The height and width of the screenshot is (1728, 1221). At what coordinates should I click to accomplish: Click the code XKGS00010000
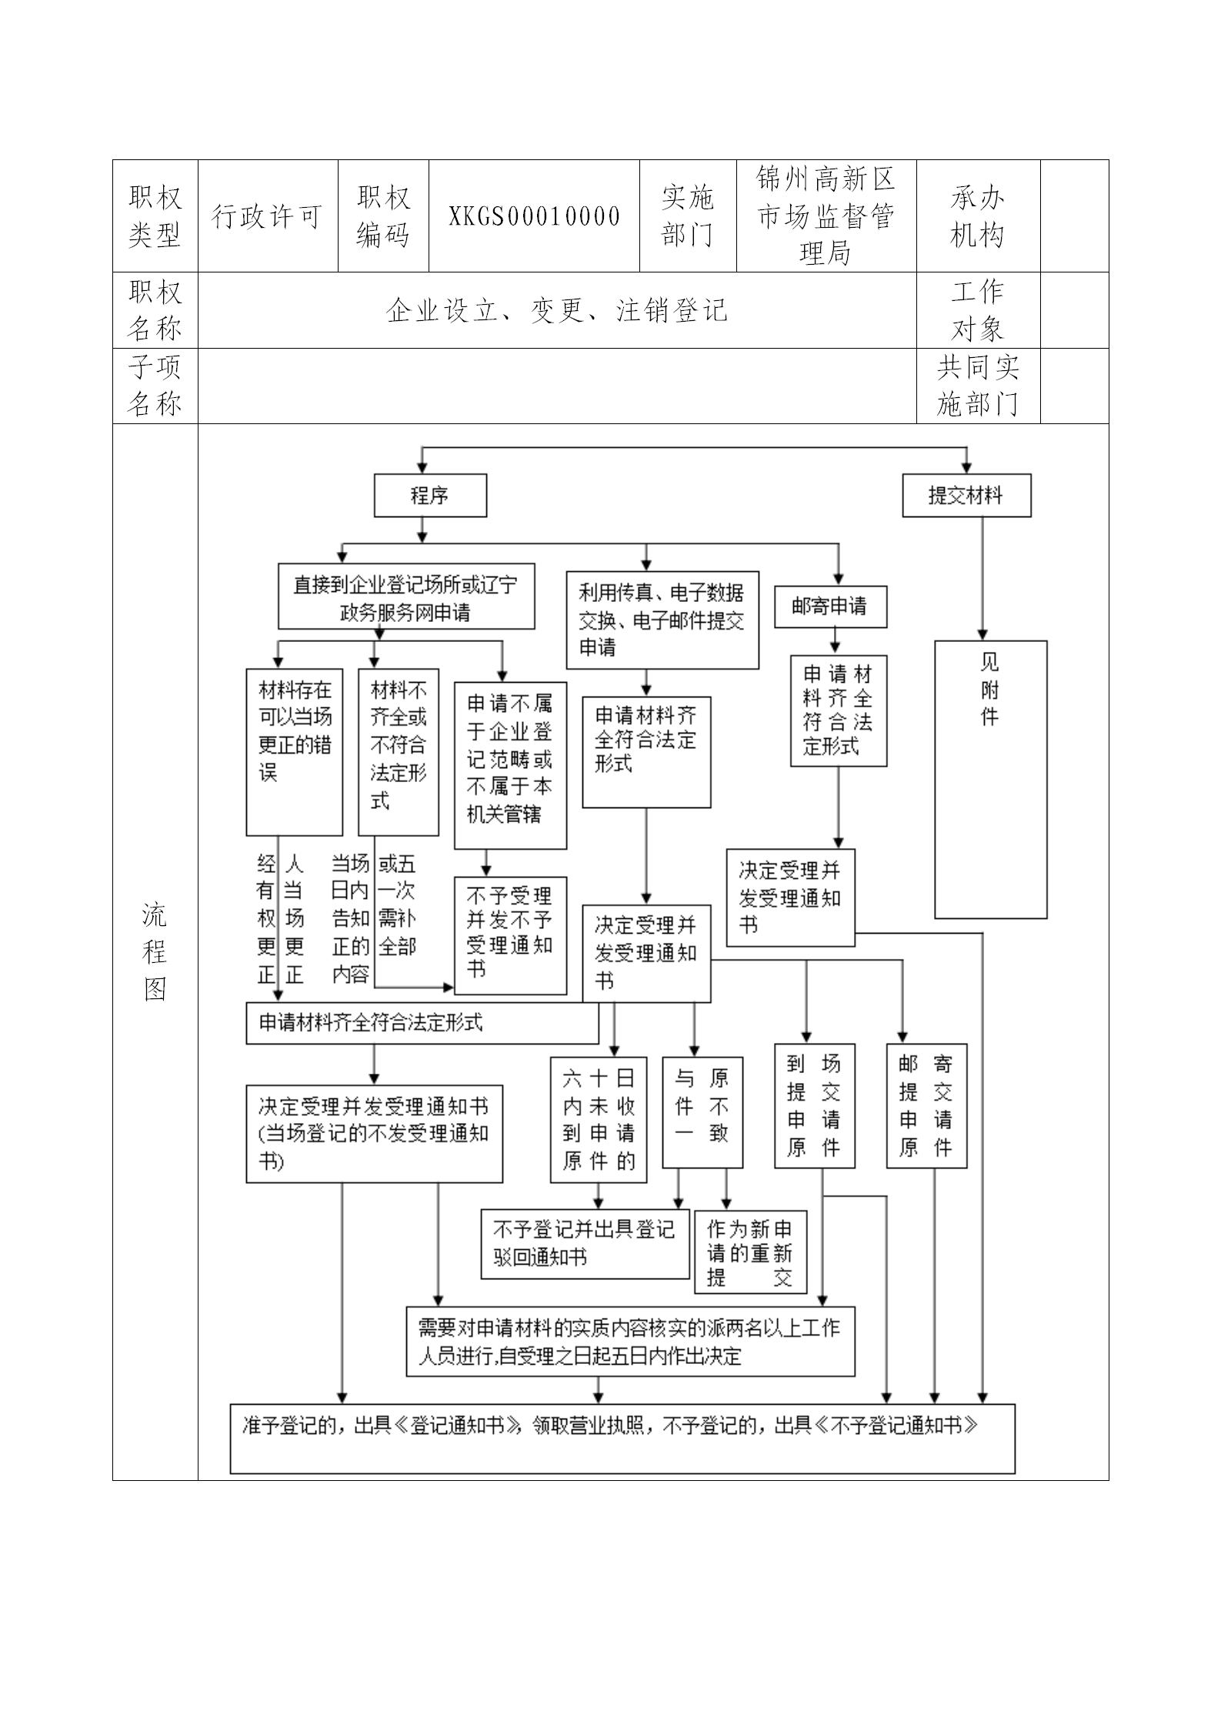tap(534, 216)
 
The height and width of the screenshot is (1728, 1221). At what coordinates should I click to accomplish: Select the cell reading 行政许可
tap(267, 216)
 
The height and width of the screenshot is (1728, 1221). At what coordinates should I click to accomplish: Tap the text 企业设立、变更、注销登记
tap(556, 310)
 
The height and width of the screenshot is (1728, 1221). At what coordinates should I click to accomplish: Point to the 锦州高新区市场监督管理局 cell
tap(826, 216)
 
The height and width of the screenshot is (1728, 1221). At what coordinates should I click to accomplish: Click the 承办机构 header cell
tap(977, 216)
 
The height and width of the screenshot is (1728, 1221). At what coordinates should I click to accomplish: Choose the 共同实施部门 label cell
tap(977, 386)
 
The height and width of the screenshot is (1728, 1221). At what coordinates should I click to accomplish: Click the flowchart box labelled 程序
tap(430, 496)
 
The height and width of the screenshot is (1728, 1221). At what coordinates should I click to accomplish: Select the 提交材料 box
tap(966, 496)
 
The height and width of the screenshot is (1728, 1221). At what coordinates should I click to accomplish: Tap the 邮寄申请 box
tap(830, 607)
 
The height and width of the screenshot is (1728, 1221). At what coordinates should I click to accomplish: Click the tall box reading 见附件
tap(990, 779)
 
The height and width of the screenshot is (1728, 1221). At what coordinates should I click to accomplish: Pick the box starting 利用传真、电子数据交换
tap(662, 620)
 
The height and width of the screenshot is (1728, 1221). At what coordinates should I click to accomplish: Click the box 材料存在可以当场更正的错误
tap(294, 751)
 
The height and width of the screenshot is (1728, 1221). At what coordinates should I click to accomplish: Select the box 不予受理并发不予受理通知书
tap(510, 935)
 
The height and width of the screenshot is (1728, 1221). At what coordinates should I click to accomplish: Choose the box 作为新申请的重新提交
tap(750, 1252)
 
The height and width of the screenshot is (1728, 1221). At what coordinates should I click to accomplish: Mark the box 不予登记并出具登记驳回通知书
tap(584, 1244)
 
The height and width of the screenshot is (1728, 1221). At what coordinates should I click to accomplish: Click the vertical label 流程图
tap(155, 951)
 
